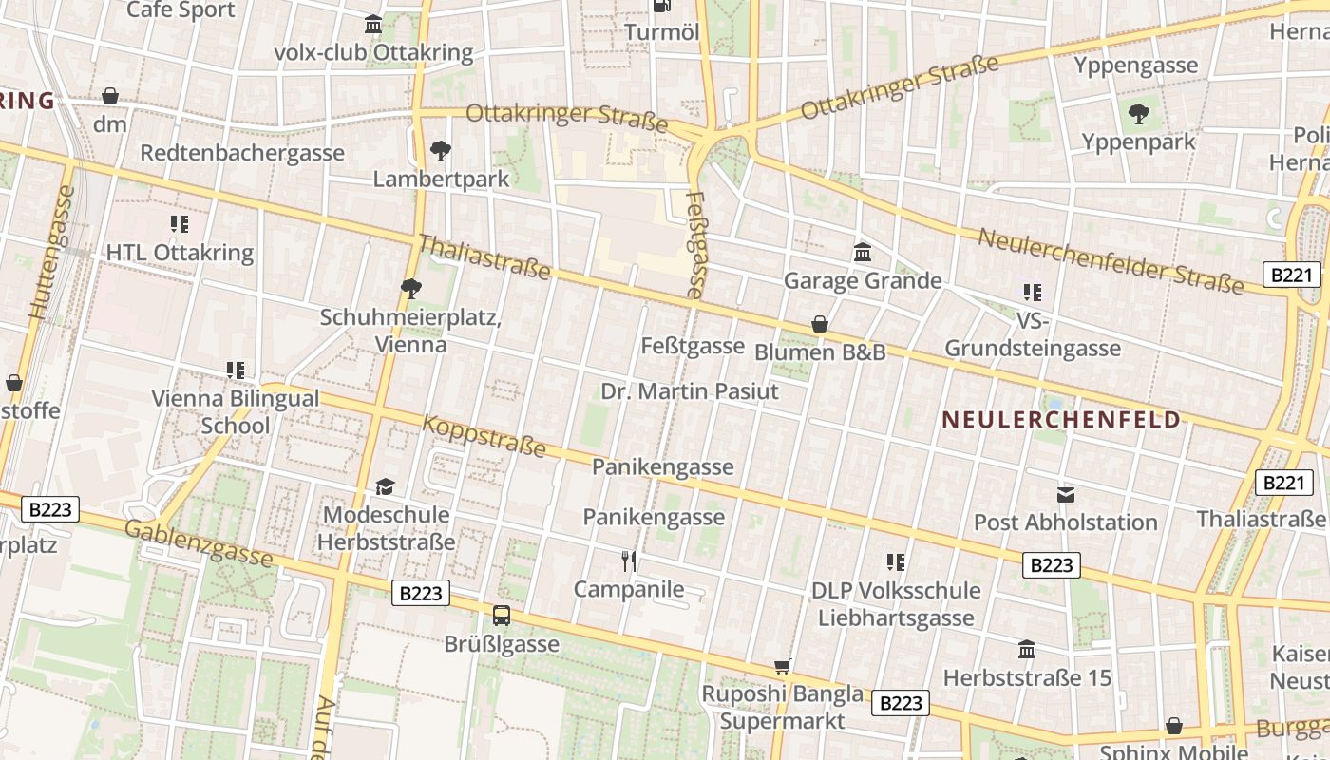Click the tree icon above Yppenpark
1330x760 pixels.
tap(1138, 114)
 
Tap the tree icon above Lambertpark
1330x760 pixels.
tap(440, 150)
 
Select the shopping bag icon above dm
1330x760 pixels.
tap(110, 96)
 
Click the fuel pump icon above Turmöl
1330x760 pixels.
tap(662, 6)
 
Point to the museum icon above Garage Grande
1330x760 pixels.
tap(863, 253)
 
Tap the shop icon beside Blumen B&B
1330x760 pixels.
tap(820, 325)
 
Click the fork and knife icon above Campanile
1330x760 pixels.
tap(628, 560)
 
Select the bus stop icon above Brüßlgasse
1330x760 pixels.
tap(502, 616)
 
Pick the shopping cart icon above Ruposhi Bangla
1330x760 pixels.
tap(783, 666)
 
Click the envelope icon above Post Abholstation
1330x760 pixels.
tap(1065, 494)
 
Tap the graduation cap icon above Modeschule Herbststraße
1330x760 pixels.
tap(385, 487)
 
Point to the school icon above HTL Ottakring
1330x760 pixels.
tap(180, 224)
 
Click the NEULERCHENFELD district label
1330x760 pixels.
tap(1061, 420)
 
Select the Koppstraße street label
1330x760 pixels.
tap(484, 435)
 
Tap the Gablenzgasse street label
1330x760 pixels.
tap(199, 543)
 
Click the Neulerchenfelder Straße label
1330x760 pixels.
tap(1111, 260)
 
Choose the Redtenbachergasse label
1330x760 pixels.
tap(242, 153)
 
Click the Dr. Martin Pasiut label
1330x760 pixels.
tap(690, 391)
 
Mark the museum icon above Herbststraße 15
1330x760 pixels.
tap(1027, 650)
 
